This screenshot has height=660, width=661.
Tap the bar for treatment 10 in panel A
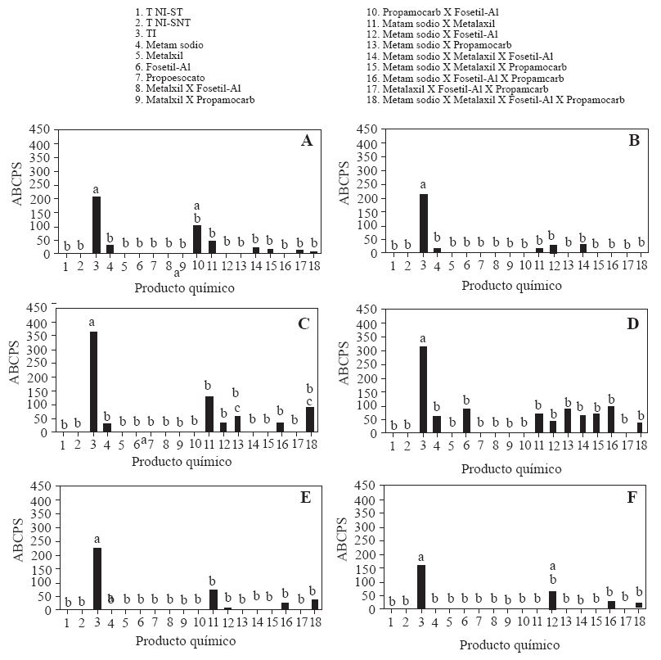tap(197, 239)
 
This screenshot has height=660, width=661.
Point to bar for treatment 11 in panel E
tap(213, 599)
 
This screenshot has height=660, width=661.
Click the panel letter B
tap(633, 140)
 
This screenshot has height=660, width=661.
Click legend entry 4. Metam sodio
tap(169, 44)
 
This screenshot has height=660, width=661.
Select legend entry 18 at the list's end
tap(496, 100)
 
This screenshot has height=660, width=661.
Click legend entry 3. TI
tap(146, 34)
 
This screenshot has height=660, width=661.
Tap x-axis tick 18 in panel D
tap(641, 445)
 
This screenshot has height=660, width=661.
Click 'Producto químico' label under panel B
tap(511, 286)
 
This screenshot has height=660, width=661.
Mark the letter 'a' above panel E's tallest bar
tap(97, 539)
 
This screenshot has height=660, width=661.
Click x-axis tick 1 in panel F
tap(393, 623)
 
